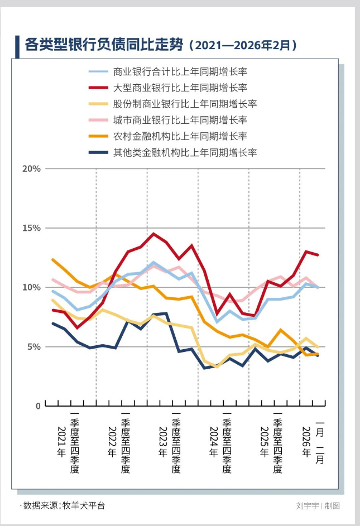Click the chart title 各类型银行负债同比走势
[104, 45]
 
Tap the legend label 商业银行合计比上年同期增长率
[180, 72]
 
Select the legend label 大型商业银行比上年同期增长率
[180, 88]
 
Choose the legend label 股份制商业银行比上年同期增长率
[185, 104]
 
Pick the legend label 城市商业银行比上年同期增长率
[180, 120]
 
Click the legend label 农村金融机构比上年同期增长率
[180, 136]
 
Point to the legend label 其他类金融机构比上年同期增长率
[185, 152]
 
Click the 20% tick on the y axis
[32, 169]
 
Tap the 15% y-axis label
[32, 228]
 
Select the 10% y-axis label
[32, 287]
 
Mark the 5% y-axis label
[34, 347]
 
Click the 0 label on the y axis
[38, 406]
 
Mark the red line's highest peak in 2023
[154, 234]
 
